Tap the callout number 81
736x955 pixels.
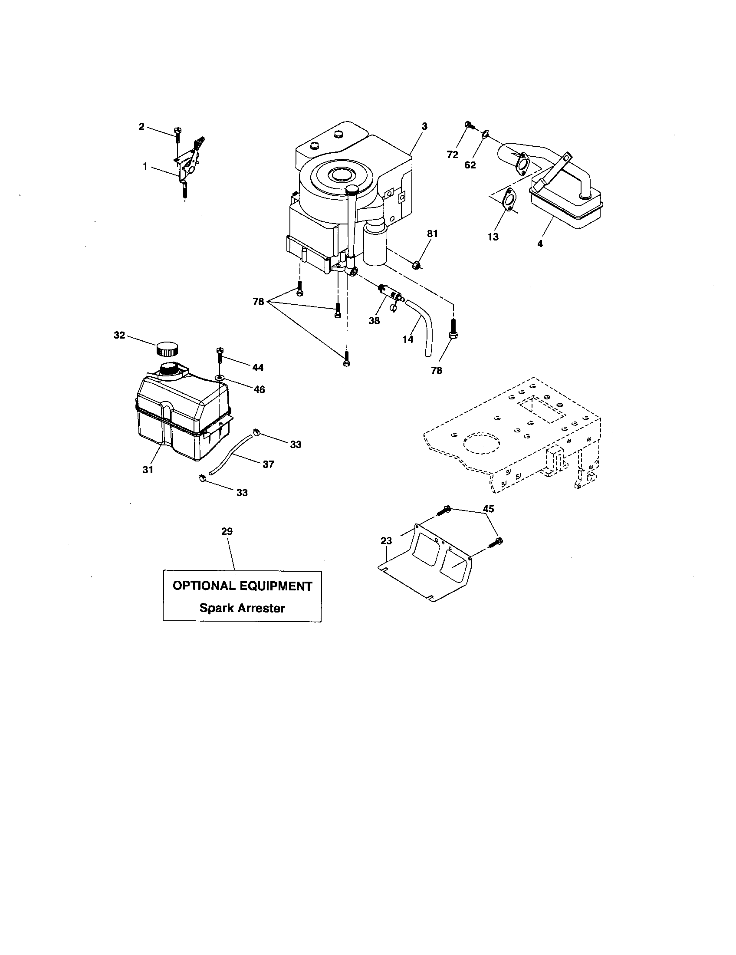432,234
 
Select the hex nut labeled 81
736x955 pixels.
417,264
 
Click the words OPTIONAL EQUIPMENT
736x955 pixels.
243,586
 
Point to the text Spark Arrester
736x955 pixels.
242,608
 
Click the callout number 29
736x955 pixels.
227,531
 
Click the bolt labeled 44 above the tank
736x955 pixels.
220,356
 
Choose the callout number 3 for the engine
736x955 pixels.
424,126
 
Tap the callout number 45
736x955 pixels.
488,509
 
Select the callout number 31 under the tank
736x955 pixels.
148,470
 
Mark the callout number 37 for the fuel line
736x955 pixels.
268,464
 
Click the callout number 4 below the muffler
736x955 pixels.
540,244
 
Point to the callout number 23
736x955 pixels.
386,541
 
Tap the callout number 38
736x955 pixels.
374,320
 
